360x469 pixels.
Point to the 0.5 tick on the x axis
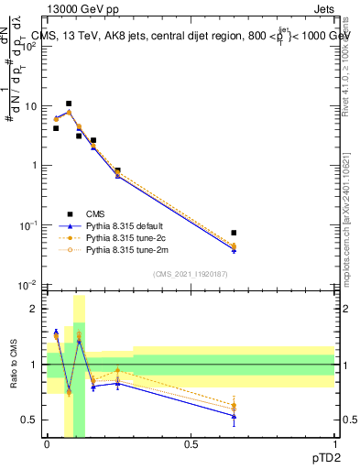[x=191, y=443]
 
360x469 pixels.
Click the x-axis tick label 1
[x=334, y=443]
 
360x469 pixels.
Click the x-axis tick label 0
[x=47, y=443]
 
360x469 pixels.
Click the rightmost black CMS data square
[x=234, y=233]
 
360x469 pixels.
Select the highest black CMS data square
[x=69, y=104]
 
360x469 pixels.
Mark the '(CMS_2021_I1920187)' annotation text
[x=190, y=273]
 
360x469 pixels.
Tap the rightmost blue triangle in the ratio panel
[x=234, y=416]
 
